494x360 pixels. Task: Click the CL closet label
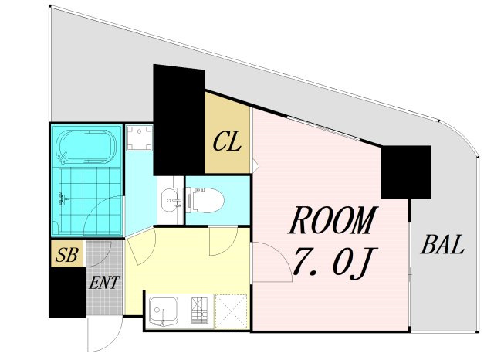227,142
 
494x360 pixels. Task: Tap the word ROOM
333,220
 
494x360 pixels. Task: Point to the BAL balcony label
442,244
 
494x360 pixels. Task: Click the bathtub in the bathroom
86,147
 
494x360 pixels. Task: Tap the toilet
205,200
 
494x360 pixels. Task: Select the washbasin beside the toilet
171,200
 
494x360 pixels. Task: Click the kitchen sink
163,311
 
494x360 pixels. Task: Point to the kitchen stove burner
199,311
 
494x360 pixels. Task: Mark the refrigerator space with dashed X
232,311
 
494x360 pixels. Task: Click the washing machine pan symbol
139,138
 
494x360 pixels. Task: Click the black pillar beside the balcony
406,172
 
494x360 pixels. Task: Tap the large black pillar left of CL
178,120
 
